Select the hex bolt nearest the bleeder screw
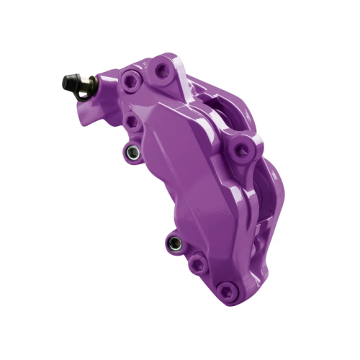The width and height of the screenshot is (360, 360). pyautogui.click(x=131, y=81)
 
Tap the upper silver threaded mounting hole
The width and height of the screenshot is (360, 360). pyautogui.click(x=131, y=153)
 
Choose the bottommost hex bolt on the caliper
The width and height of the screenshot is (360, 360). pyautogui.click(x=228, y=291)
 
